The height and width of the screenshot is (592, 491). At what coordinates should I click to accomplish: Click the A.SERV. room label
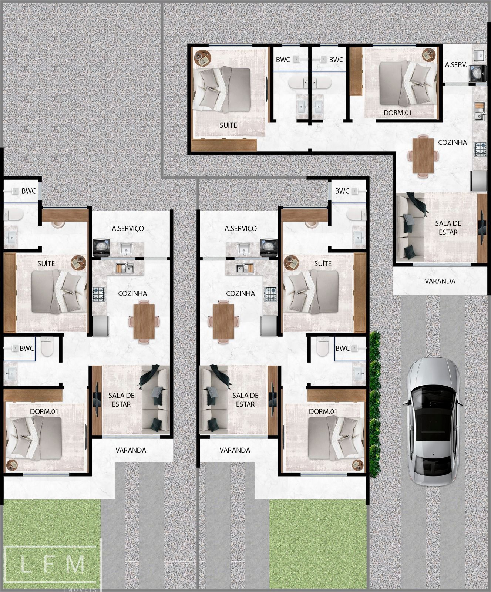click(456, 65)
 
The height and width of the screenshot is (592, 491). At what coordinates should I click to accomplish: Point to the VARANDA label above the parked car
click(440, 281)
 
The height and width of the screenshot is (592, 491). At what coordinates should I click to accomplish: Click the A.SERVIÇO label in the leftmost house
click(128, 229)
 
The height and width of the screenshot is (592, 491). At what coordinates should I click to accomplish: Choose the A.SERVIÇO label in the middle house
click(241, 229)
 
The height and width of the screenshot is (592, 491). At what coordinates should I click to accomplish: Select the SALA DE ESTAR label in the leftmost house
click(121, 400)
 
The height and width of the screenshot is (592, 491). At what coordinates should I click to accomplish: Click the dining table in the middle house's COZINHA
click(223, 321)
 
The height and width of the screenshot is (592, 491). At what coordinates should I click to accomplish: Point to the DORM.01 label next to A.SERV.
click(397, 113)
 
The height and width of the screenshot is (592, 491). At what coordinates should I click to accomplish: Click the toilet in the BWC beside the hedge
click(323, 347)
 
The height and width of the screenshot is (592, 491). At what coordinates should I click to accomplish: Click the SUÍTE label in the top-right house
click(228, 125)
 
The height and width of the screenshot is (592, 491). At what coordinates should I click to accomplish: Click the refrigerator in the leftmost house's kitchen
click(100, 326)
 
